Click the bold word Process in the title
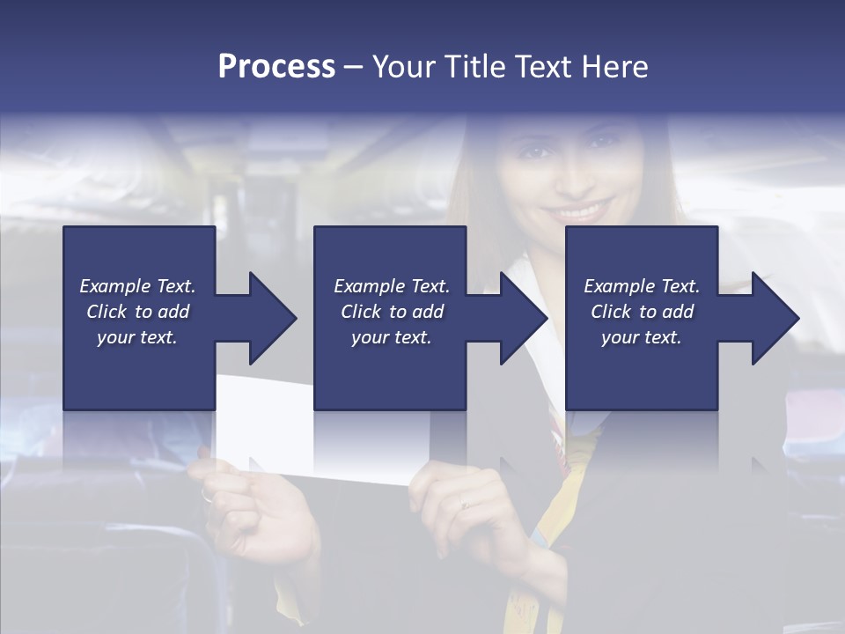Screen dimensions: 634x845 click(x=276, y=67)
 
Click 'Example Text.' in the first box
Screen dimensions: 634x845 click(x=138, y=286)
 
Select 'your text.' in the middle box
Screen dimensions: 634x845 click(x=391, y=337)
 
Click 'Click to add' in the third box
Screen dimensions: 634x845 click(x=642, y=312)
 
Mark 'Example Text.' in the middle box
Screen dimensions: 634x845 click(x=391, y=286)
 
